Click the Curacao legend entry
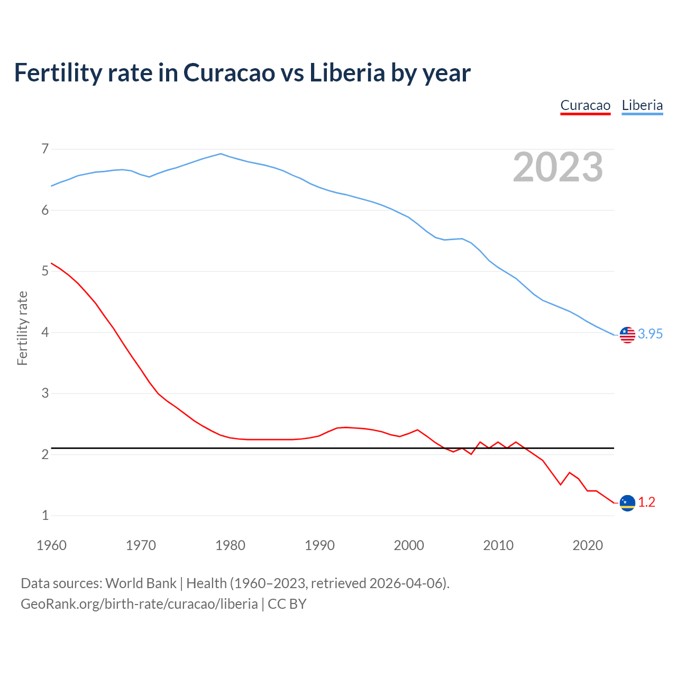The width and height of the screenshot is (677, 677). click(585, 105)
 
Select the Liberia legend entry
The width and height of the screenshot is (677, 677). click(642, 105)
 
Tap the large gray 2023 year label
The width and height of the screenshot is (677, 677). click(558, 167)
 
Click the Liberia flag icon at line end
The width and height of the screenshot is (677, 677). click(627, 335)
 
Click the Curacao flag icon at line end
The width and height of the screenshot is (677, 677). click(627, 503)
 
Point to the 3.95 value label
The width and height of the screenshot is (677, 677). click(650, 334)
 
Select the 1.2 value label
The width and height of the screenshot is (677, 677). click(646, 502)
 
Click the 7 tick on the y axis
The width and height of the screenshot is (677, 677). click(45, 149)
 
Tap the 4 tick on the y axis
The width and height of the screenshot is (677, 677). click(45, 332)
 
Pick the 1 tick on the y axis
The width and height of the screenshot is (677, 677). click(45, 515)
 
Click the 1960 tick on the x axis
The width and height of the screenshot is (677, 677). click(51, 545)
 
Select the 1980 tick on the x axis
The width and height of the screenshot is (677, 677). click(230, 545)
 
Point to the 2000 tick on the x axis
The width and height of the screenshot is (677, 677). click(409, 545)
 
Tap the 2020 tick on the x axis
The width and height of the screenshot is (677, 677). click(588, 545)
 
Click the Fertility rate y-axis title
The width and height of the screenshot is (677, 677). click(22, 328)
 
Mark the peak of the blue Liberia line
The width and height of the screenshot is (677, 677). click(221, 154)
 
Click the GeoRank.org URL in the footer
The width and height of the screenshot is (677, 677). click(139, 603)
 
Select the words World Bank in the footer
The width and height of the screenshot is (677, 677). click(141, 583)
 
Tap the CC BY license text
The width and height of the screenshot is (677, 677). click(287, 603)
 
